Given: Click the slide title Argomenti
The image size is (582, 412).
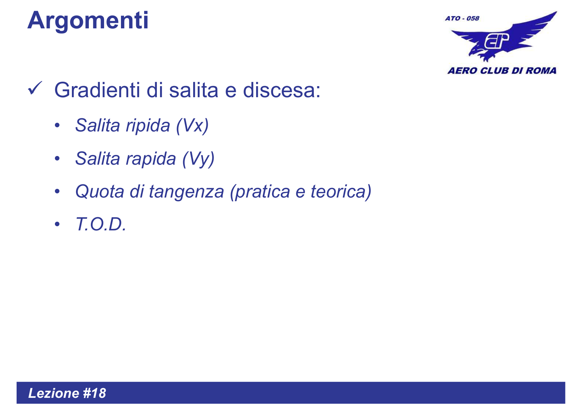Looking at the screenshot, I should (x=88, y=21).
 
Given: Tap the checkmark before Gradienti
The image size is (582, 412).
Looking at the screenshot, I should (x=35, y=89).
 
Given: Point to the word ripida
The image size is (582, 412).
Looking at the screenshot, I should (x=148, y=125).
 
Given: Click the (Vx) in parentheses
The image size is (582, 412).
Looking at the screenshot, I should (x=192, y=126).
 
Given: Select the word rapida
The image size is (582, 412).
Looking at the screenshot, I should (x=151, y=159).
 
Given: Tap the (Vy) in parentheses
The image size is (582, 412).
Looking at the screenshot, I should (x=198, y=159).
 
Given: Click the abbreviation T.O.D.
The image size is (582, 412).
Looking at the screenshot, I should (x=101, y=225).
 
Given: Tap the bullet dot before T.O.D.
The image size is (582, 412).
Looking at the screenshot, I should (x=57, y=224).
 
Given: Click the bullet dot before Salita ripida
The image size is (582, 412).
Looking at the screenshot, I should (x=57, y=125).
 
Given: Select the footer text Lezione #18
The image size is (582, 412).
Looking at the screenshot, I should (x=67, y=393).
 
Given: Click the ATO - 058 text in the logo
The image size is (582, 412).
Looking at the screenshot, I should (x=462, y=18).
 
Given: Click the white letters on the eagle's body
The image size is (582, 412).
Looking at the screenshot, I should (x=497, y=41).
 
